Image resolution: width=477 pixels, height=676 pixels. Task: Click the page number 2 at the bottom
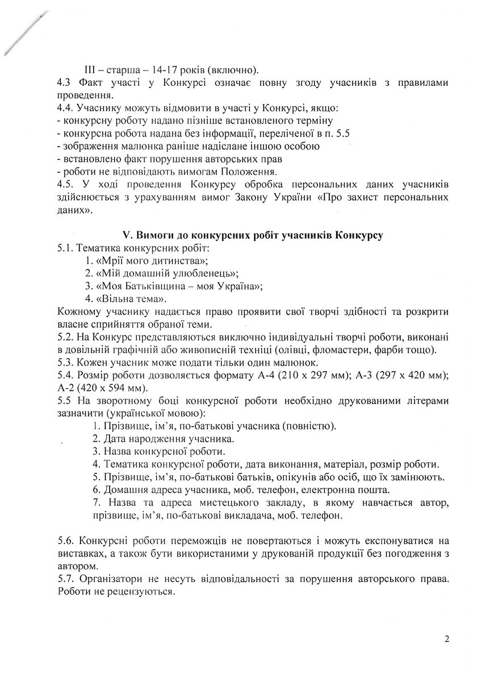447,639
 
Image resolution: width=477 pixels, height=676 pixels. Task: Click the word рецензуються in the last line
140,592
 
